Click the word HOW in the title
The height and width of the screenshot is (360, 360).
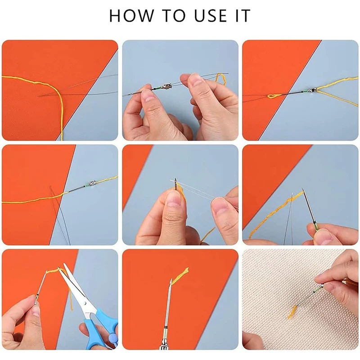tap(131, 16)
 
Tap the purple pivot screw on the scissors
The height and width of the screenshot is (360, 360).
tap(112, 337)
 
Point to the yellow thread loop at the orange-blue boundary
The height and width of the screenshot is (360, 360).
tap(273, 96)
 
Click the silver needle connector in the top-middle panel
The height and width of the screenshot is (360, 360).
tap(167, 87)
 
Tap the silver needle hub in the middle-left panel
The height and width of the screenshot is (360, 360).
tap(92, 183)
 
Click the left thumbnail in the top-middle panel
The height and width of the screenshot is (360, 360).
tap(148, 95)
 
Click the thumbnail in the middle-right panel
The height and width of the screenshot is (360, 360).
tap(324, 237)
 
